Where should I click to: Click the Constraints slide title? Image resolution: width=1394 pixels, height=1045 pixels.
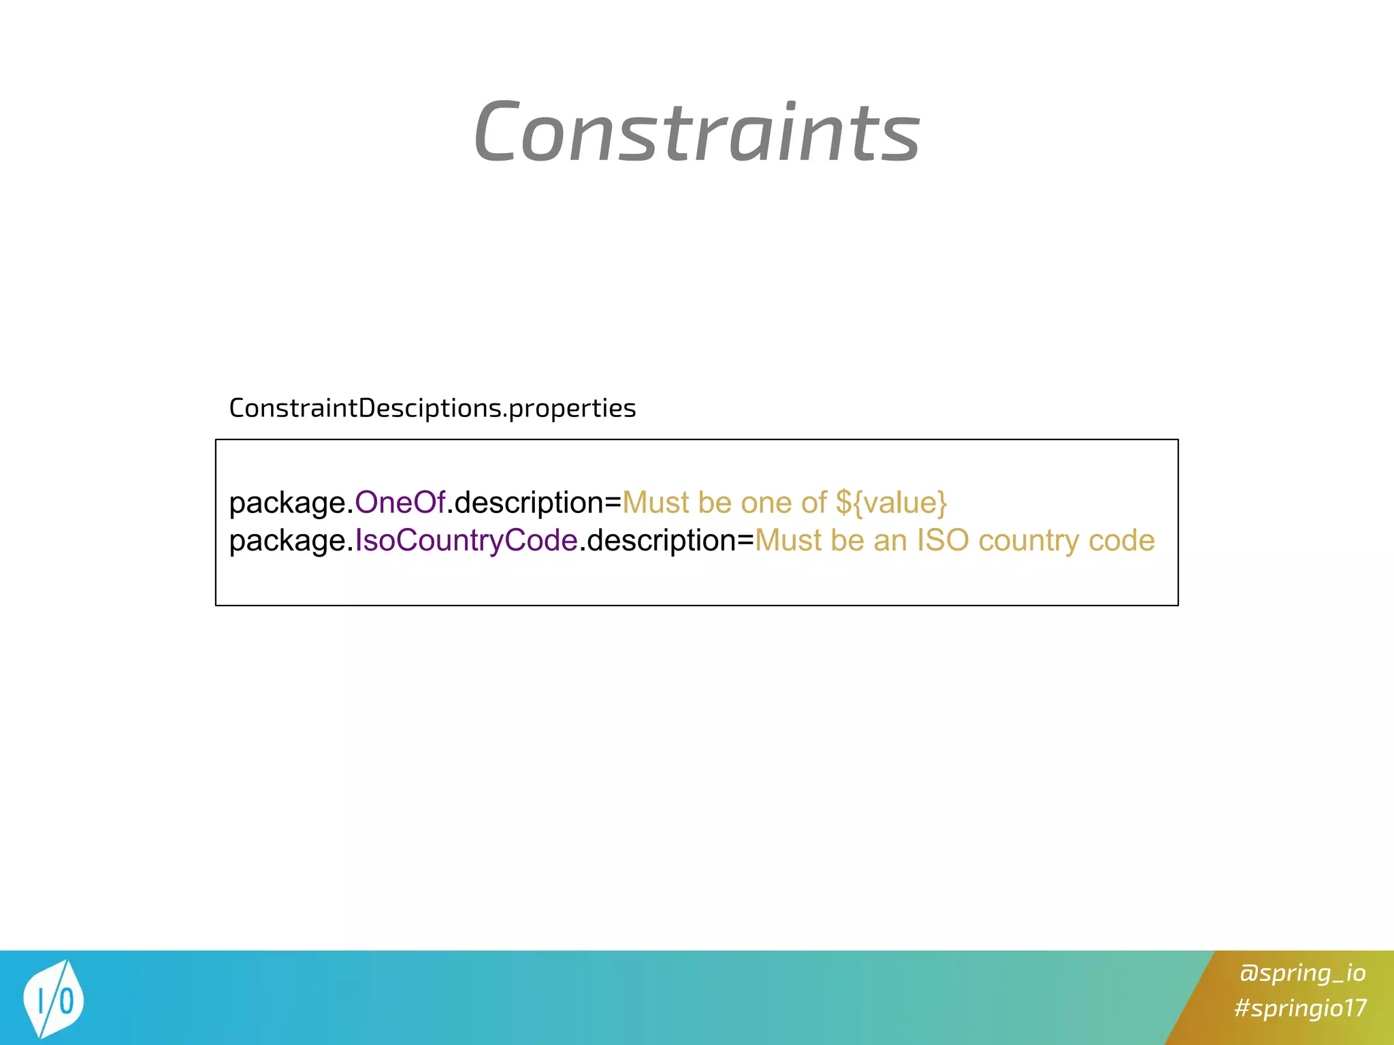point(696,131)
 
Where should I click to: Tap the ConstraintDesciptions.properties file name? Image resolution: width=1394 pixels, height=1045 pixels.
point(432,408)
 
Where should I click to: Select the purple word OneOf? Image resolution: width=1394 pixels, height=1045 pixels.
point(400,503)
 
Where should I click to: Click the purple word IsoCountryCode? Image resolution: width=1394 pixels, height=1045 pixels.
point(466,541)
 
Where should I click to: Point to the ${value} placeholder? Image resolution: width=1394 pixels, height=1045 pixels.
point(891,503)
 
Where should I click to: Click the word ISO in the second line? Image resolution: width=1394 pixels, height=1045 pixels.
point(943,541)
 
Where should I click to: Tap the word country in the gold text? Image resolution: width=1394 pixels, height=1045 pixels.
point(1028,541)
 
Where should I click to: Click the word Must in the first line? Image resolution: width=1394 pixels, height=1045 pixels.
point(656,503)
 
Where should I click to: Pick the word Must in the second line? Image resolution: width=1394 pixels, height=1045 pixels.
point(788,541)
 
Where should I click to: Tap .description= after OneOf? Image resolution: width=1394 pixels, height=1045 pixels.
point(534,503)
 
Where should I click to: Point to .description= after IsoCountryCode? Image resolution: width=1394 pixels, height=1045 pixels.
point(666,541)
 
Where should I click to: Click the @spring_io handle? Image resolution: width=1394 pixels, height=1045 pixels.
point(1302,973)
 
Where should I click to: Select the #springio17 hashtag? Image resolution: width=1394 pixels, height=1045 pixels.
point(1300,1008)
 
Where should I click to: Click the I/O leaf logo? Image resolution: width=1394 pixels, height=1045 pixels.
point(53,999)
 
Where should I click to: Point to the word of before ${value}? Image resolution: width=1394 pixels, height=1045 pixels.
point(813,503)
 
